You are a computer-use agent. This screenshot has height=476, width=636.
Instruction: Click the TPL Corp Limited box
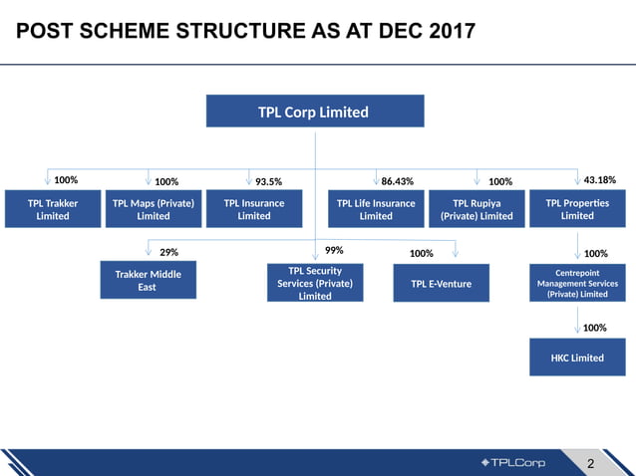coord(314,112)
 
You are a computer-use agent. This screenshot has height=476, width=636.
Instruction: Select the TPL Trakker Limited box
coord(52,209)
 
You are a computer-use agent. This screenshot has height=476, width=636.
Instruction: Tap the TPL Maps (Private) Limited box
coord(153,209)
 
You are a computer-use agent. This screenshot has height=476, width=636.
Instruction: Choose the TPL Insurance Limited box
coord(253,209)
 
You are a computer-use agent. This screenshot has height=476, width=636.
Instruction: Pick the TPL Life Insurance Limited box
coord(375,209)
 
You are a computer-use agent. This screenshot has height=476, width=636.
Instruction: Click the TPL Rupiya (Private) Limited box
coord(476,209)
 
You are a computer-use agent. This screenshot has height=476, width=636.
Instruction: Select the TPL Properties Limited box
coord(577,209)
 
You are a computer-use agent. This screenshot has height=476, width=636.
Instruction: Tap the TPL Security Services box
coord(314,283)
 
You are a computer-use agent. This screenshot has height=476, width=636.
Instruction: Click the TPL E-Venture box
coord(442,284)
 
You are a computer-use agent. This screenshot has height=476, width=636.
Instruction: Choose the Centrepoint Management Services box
coord(577,282)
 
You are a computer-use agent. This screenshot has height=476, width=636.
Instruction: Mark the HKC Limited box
coord(577,357)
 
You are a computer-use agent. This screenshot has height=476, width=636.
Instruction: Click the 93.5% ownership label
coord(268,182)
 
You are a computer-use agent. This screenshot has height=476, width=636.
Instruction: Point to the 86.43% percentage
coord(397,182)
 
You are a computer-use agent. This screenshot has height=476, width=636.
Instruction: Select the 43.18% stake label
coord(598,180)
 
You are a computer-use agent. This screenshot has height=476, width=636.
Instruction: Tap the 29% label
coord(168,253)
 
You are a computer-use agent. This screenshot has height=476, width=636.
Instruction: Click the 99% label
coord(334,250)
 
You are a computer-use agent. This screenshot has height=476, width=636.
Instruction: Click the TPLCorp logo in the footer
coord(513,462)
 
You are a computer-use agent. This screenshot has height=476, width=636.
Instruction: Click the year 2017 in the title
coord(441,33)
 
